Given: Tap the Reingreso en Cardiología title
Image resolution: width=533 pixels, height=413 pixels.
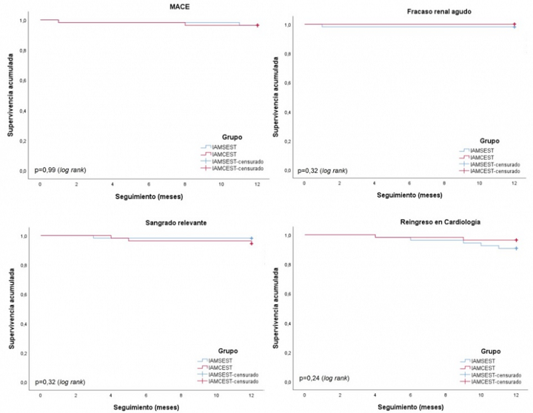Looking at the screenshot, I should (x=409, y=222).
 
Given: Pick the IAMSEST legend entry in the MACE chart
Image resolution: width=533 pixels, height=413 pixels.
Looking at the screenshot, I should (x=228, y=147).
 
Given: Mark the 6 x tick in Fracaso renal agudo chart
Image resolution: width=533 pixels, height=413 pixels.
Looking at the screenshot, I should (x=409, y=183).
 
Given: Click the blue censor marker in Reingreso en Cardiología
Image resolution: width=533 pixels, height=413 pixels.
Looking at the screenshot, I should (x=515, y=248).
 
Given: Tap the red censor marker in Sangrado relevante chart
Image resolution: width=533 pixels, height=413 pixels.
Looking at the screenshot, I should (x=252, y=243).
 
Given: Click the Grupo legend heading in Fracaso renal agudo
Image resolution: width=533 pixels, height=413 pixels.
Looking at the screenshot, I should (x=489, y=141).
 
